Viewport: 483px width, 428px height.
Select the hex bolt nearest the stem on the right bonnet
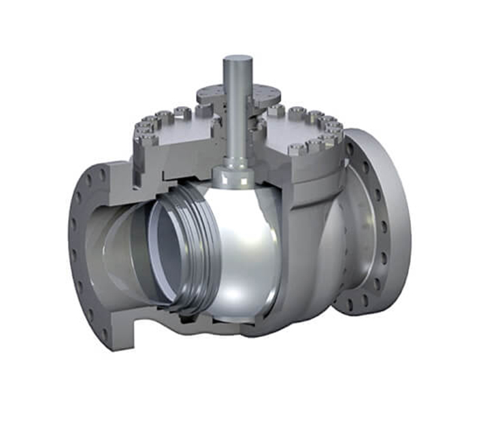274,111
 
